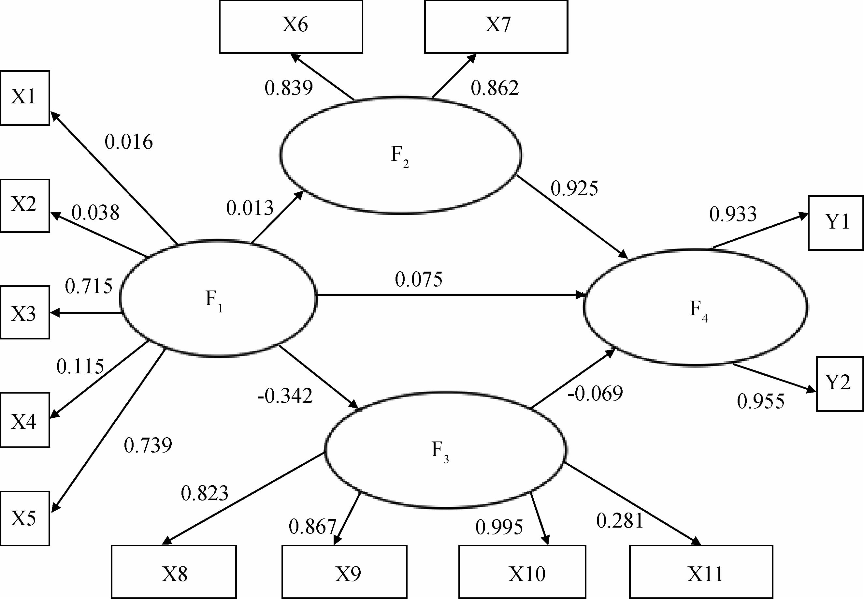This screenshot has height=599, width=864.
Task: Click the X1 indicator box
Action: point(25,97)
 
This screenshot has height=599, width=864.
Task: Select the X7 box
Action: point(496,27)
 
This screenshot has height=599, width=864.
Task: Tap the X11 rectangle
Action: point(701,572)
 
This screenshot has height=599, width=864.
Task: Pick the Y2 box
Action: point(840,383)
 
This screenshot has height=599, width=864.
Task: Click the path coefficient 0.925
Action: point(574,188)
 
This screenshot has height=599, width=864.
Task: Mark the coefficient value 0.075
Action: point(419,279)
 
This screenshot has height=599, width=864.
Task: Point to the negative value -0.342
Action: point(285,396)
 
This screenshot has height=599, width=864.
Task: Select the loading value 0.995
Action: point(499,527)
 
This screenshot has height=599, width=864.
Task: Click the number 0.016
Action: point(129,142)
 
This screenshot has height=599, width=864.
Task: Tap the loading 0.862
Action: point(495,88)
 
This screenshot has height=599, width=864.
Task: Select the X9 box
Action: point(344,572)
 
